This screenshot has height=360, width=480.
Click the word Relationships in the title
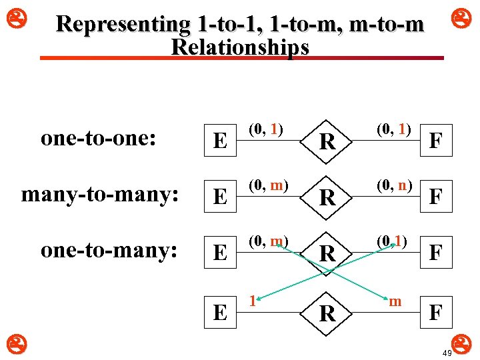(240, 47)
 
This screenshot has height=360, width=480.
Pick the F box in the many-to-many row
(436, 197)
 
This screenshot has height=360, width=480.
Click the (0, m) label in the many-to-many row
(269, 185)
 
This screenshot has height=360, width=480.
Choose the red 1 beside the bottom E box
(252, 302)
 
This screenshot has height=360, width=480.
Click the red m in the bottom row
(395, 302)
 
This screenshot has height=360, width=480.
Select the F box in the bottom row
(436, 312)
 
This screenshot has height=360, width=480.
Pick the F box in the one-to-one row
(436, 141)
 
